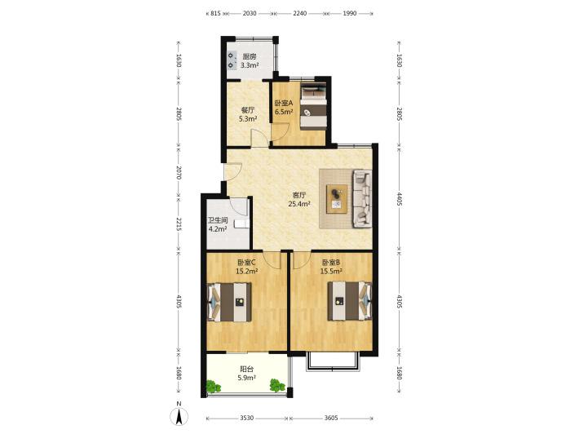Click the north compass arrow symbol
pyautogui.click(x=179, y=417)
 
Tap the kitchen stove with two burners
pyautogui.click(x=232, y=60)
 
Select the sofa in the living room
pyautogui.click(x=362, y=198)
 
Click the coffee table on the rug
pyautogui.click(x=337, y=199)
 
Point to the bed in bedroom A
pyautogui.click(x=313, y=107)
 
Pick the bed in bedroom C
pyautogui.click(x=229, y=302)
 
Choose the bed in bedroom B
pyautogui.click(x=349, y=301)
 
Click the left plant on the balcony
pyautogui.click(x=213, y=387)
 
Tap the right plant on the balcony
pyautogui.click(x=277, y=385)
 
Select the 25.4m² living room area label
pyautogui.click(x=298, y=203)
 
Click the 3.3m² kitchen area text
pyautogui.click(x=250, y=66)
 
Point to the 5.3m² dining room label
pyautogui.click(x=248, y=119)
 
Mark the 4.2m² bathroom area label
pyautogui.click(x=218, y=229)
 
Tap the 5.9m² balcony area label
pyautogui.click(x=247, y=378)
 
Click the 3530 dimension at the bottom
pyautogui.click(x=246, y=418)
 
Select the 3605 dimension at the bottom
pyautogui.click(x=331, y=418)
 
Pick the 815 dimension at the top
pyautogui.click(x=215, y=13)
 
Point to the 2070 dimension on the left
pyautogui.click(x=179, y=172)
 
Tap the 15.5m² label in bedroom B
pyautogui.click(x=331, y=271)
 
